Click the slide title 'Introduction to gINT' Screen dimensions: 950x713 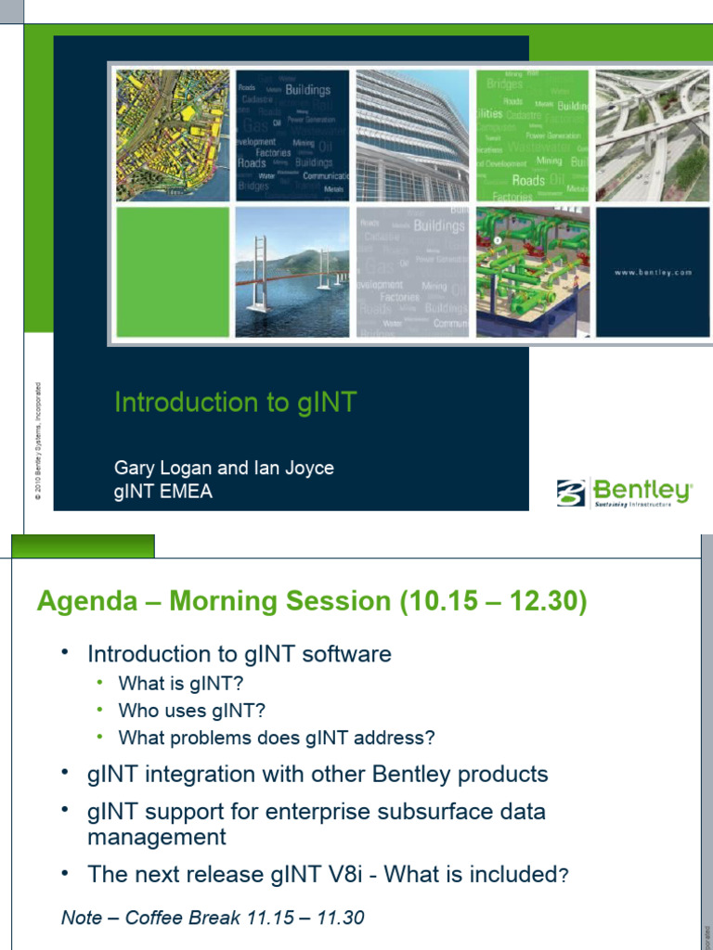[x=235, y=403]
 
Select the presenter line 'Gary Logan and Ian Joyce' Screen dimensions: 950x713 [x=224, y=469]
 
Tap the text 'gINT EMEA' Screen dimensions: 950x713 [x=163, y=492]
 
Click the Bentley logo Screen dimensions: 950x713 [x=624, y=493]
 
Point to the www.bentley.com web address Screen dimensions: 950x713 [x=653, y=273]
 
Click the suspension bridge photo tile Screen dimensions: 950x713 [x=292, y=272]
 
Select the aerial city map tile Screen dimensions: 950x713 [x=172, y=135]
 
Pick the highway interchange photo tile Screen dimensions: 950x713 [x=653, y=135]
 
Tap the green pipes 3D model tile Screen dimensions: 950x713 [x=533, y=272]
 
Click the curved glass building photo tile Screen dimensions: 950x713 [x=412, y=135]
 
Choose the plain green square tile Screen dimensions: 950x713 [x=172, y=272]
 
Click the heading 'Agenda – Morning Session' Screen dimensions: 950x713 [x=214, y=602]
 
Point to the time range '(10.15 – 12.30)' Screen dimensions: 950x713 [x=493, y=602]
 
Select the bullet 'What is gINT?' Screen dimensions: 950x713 [x=181, y=685]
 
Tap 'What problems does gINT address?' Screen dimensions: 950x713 [x=277, y=738]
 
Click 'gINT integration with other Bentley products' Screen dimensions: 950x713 [x=318, y=775]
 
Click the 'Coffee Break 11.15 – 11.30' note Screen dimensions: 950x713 [x=244, y=918]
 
